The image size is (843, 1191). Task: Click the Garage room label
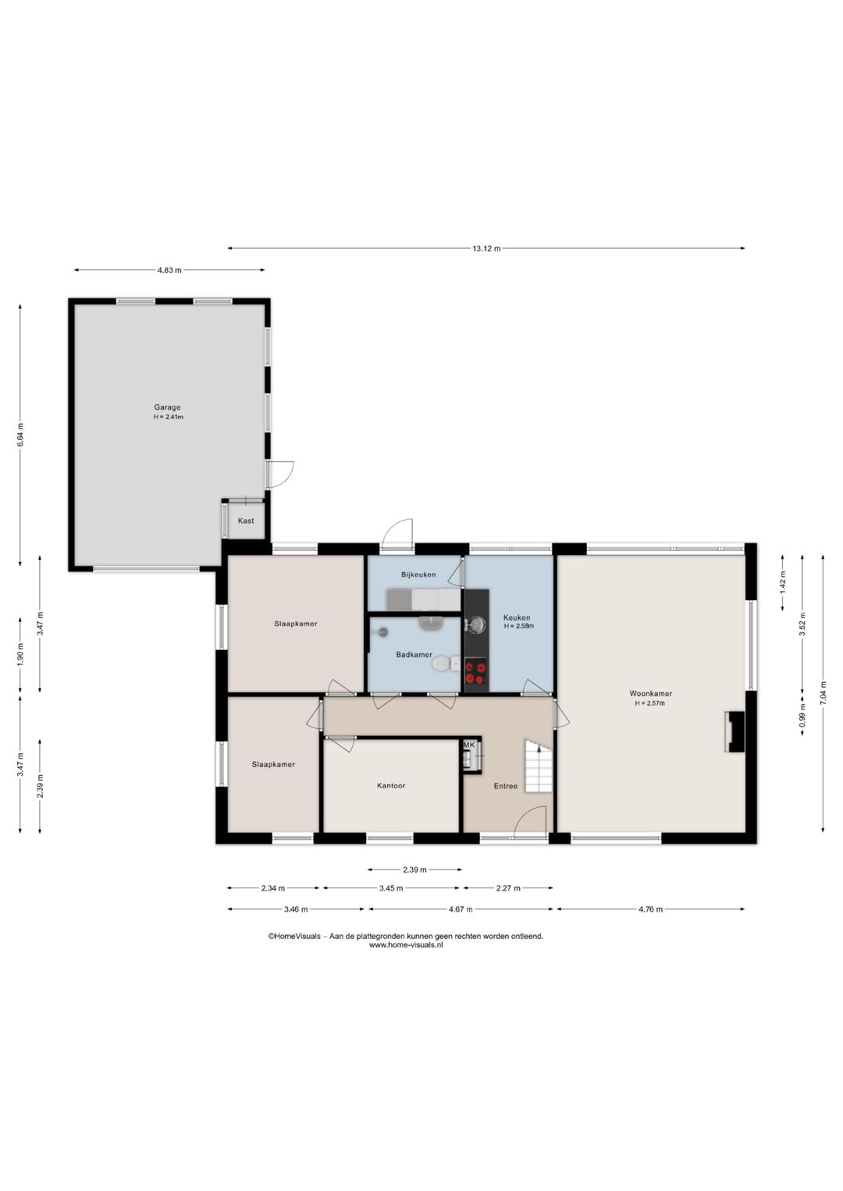click(x=168, y=407)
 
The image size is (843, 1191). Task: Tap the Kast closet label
click(x=246, y=521)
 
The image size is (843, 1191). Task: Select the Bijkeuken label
click(x=418, y=574)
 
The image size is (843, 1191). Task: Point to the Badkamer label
click(x=414, y=655)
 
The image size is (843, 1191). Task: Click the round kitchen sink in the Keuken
click(x=476, y=624)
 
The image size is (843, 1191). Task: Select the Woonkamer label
click(x=650, y=693)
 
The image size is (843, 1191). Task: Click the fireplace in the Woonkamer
click(x=735, y=731)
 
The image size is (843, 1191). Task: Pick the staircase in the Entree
click(x=539, y=766)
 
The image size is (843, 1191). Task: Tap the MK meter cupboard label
click(x=468, y=745)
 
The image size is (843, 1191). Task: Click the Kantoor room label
click(x=391, y=785)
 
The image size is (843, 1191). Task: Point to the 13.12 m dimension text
click(x=486, y=248)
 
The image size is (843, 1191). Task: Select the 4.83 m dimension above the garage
click(x=169, y=270)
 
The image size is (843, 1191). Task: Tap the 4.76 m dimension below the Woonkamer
click(x=650, y=909)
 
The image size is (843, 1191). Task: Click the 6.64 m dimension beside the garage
click(x=20, y=435)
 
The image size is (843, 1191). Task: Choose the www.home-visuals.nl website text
click(x=406, y=945)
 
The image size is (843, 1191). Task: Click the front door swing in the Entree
click(x=530, y=822)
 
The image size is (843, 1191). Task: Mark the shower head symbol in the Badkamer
click(x=380, y=631)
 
